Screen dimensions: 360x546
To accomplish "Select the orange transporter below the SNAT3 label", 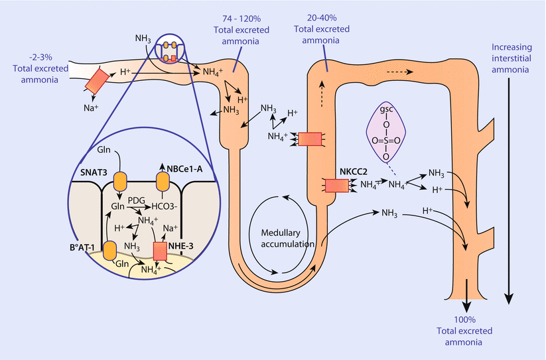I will click(x=119, y=181).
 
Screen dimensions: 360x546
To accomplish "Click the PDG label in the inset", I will click(x=137, y=200).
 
